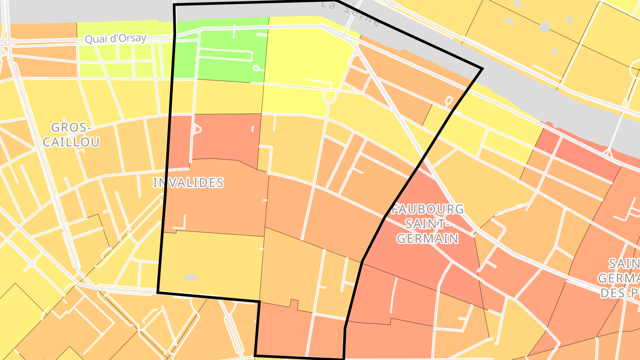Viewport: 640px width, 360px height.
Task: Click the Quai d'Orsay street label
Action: pyautogui.click(x=115, y=39)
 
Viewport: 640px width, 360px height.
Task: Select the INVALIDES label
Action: pyautogui.click(x=188, y=183)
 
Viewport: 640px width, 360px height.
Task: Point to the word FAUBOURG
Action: pyautogui.click(x=428, y=209)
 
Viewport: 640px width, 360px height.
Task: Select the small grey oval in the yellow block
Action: pyautogui.click(x=191, y=277)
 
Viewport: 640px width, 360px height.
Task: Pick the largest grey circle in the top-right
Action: pyautogui.click(x=544, y=27)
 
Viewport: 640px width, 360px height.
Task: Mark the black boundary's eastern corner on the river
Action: pyautogui.click(x=482, y=69)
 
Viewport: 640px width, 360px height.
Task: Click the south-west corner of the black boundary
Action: pyautogui.click(x=158, y=292)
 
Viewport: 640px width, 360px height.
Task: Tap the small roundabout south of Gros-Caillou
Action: pyautogui.click(x=32, y=263)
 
